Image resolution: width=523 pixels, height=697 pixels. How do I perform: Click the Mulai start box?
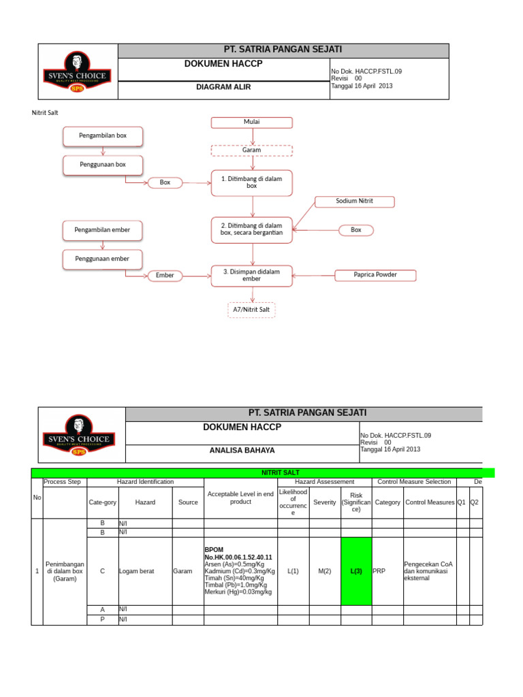(252, 123)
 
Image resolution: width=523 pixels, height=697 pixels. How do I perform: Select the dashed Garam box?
(252, 150)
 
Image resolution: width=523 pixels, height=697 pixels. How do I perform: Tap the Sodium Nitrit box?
(354, 201)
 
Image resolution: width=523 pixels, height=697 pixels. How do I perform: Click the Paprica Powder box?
(375, 275)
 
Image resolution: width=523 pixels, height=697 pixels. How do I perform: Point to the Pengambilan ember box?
(102, 230)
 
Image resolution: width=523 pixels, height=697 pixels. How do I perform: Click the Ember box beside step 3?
(165, 276)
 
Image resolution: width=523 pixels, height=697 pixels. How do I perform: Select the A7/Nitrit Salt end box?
(252, 310)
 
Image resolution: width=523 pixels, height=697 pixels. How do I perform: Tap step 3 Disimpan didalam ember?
(252, 275)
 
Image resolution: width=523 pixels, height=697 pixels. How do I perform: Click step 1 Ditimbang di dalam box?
(252, 182)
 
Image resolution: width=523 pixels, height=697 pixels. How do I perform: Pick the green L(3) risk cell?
(356, 571)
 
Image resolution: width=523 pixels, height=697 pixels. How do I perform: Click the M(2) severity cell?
(325, 571)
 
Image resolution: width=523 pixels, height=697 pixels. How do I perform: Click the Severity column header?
(325, 502)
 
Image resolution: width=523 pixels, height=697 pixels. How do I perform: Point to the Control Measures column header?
(429, 502)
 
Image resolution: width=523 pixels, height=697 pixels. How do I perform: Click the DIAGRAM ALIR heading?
(223, 87)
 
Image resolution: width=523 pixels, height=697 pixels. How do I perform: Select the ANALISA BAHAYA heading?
(242, 451)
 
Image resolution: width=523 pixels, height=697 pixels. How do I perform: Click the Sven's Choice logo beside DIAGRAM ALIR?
(78, 71)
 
